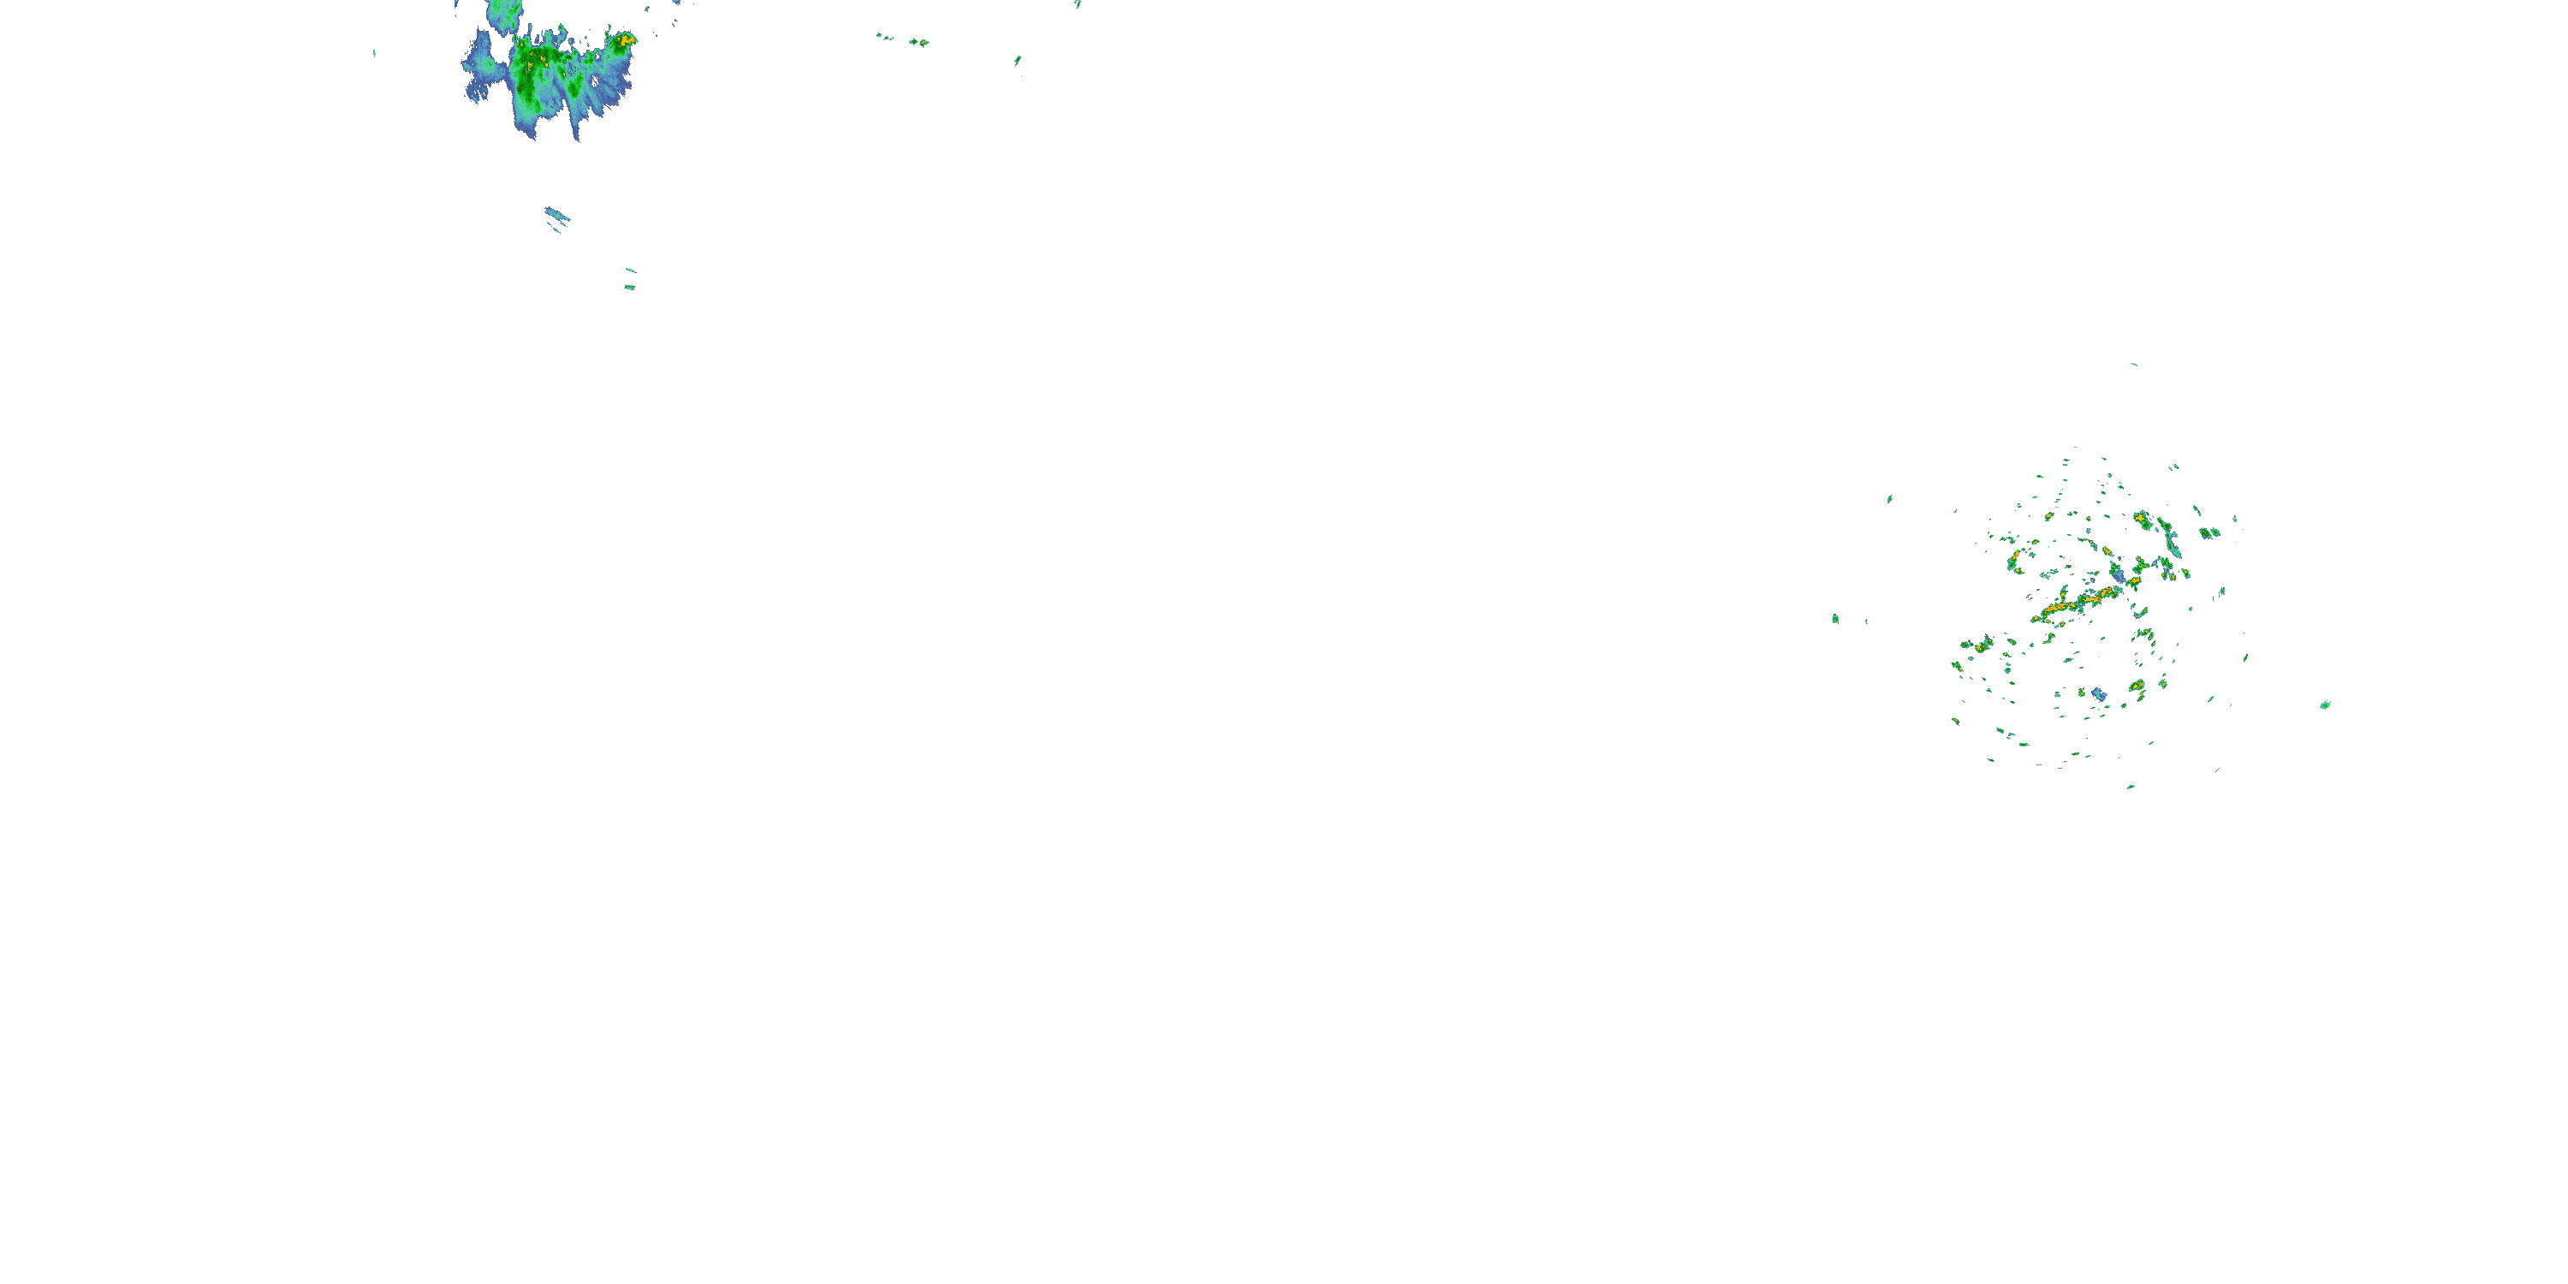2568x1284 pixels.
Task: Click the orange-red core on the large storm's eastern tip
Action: coord(625,40)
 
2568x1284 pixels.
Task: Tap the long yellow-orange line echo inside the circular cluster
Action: coord(2078,604)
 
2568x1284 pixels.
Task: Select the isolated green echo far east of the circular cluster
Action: coord(2325,704)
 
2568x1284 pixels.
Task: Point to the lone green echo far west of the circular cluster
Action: coord(1834,619)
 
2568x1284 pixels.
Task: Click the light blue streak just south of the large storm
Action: coord(556,214)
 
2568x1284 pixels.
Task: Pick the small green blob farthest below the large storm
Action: coord(629,287)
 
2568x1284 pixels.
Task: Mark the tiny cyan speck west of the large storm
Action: coord(375,53)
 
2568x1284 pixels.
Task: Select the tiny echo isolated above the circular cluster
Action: coord(2133,364)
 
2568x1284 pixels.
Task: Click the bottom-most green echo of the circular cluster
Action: coord(2131,787)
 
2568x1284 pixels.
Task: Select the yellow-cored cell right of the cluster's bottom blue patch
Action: coord(2137,686)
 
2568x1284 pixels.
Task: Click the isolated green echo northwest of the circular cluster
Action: coord(1889,498)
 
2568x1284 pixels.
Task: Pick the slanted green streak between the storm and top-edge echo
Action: coord(1017,61)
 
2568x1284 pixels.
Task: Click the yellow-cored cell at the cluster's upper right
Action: coord(2142,520)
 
